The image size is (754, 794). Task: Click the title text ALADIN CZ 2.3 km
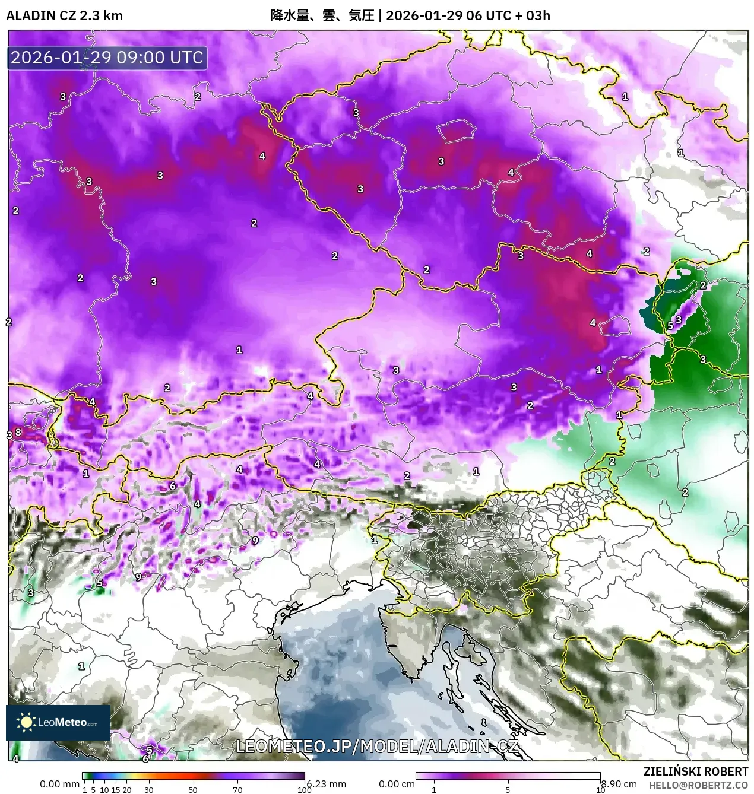click(64, 15)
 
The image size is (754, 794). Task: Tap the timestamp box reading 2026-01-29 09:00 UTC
click(107, 58)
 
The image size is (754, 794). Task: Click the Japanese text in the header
click(322, 15)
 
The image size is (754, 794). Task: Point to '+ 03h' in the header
click(533, 15)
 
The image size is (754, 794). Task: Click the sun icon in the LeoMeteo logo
click(27, 722)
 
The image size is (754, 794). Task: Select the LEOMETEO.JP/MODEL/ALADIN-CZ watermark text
click(377, 747)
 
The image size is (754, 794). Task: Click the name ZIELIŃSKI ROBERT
click(696, 771)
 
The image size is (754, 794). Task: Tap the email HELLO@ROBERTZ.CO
click(698, 785)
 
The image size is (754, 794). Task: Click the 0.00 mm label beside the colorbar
click(59, 784)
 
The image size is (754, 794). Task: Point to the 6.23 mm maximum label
click(327, 784)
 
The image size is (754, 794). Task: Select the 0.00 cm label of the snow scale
click(397, 784)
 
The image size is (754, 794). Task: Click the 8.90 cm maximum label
click(619, 784)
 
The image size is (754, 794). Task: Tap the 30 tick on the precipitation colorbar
click(148, 790)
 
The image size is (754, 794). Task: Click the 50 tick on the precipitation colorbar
click(193, 790)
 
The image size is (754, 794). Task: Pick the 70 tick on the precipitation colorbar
click(237, 790)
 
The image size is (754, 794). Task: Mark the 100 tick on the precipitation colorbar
click(304, 790)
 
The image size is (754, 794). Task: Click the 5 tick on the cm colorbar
click(508, 790)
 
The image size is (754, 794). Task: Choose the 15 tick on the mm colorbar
click(116, 790)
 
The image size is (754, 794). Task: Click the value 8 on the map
click(18, 432)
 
